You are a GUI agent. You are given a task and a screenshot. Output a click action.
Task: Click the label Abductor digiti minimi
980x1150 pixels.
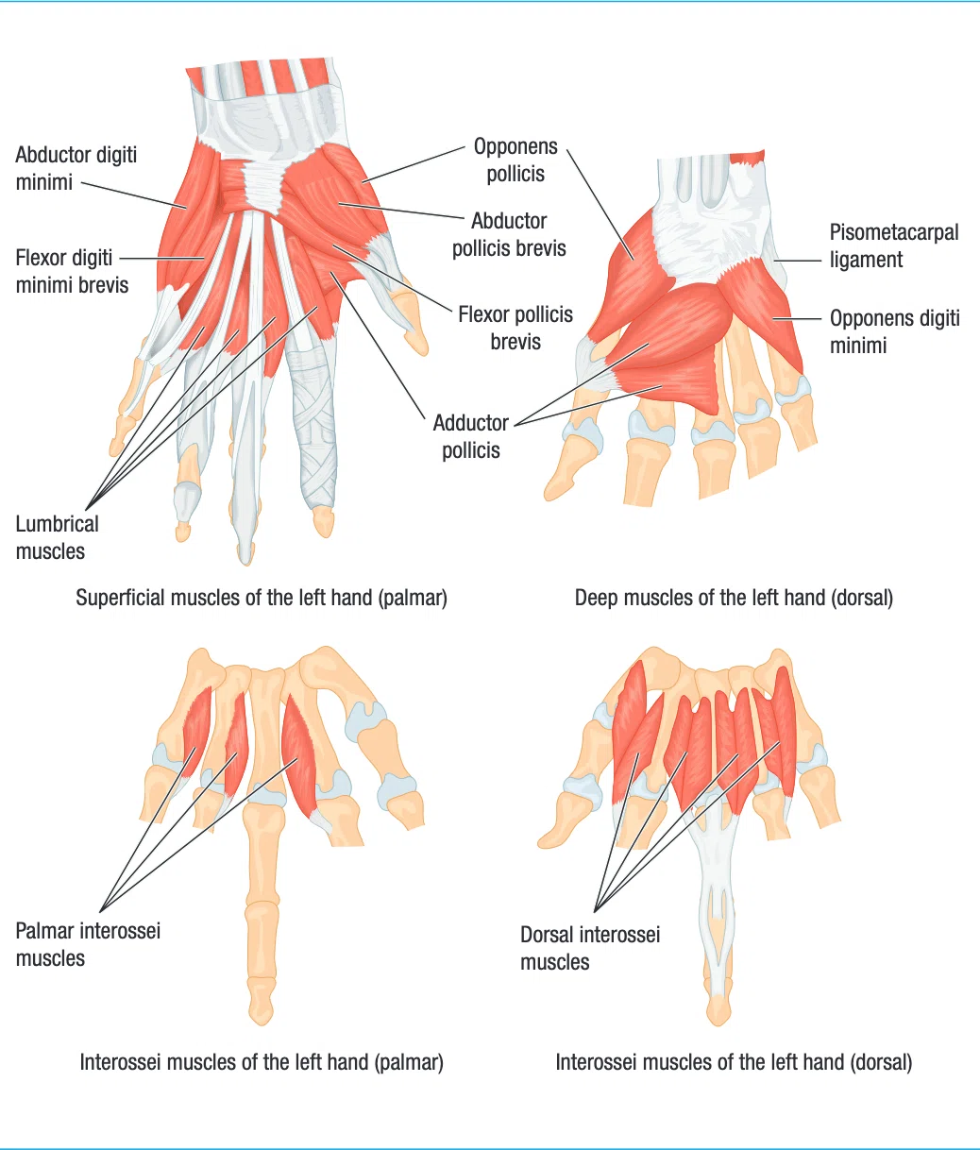[x=76, y=169]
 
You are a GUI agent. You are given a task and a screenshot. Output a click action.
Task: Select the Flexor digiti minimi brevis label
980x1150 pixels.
[x=72, y=272]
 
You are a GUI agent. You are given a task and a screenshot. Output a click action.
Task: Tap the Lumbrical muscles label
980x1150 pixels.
[x=57, y=537]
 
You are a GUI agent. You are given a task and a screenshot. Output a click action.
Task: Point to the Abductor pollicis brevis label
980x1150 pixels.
[x=509, y=234]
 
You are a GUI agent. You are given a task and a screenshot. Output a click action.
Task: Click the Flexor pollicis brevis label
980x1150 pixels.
[x=515, y=328]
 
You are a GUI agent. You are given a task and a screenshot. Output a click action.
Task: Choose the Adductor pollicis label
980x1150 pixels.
[x=471, y=436]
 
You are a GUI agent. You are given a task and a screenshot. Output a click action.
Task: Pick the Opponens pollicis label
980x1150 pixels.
[x=515, y=160]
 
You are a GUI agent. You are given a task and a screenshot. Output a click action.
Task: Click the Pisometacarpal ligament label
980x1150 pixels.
[x=894, y=245]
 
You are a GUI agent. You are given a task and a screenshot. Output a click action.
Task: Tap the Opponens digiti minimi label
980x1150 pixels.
[x=894, y=331]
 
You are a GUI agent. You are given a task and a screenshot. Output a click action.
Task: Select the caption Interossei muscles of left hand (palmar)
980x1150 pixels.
[x=262, y=1062]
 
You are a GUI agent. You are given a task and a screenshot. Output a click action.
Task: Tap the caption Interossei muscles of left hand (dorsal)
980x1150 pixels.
[x=734, y=1062]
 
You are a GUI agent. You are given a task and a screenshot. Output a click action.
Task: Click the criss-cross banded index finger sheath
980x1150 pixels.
[x=314, y=426]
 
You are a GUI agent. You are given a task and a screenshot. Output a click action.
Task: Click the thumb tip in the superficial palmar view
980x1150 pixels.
[x=415, y=338]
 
